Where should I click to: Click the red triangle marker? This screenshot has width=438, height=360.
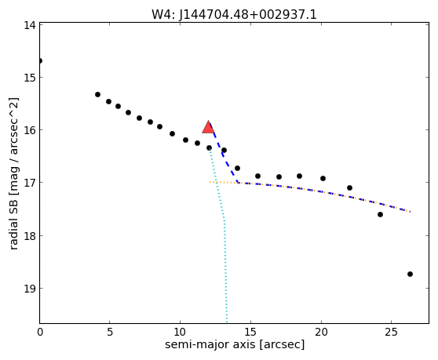(x=208, y=127)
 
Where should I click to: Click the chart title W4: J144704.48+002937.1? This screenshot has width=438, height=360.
(x=234, y=14)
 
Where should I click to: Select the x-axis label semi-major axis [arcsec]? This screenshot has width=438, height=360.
(x=235, y=344)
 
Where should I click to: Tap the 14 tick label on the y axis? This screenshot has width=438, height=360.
(x=30, y=25)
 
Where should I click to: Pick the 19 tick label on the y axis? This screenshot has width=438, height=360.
(x=30, y=289)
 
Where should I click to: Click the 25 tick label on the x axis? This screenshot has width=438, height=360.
(x=392, y=332)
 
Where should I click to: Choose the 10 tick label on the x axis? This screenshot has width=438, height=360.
(x=180, y=332)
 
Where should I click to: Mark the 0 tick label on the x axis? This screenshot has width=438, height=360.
(x=40, y=332)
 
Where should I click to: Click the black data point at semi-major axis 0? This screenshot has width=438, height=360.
(x=40, y=61)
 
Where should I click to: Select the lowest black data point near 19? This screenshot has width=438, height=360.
(x=410, y=274)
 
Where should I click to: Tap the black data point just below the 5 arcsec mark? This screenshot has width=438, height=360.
(x=108, y=102)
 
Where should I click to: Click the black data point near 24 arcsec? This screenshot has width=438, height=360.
(x=380, y=214)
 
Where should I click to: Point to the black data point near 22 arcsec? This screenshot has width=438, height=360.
(x=350, y=187)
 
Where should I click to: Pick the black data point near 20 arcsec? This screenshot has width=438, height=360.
(x=323, y=178)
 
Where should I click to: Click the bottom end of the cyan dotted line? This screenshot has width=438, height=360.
(x=227, y=322)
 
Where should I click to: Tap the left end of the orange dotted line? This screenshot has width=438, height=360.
(x=210, y=182)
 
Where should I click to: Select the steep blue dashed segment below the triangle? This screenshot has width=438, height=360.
(x=223, y=154)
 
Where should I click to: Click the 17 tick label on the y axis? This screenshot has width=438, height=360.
(x=30, y=183)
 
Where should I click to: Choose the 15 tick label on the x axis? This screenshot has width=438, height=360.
(x=250, y=332)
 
